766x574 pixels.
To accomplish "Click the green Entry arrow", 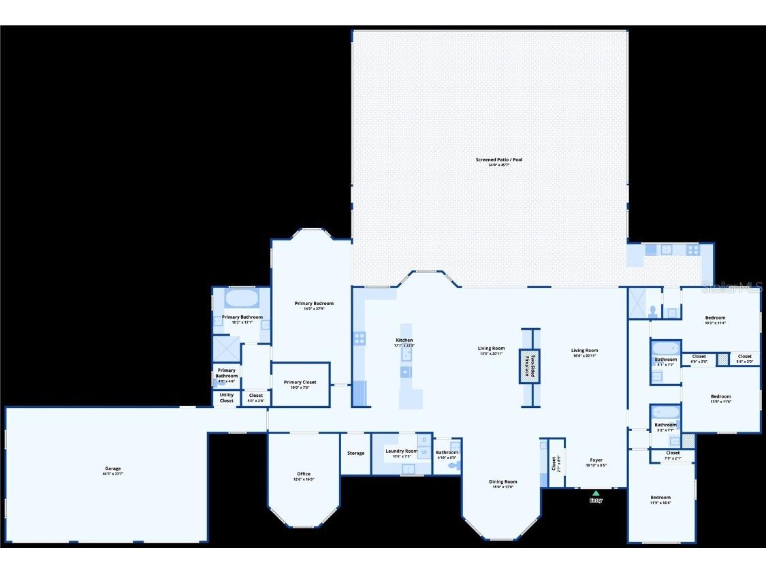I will click(596, 493).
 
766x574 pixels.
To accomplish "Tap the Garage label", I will click(113, 468).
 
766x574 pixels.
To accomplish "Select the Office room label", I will click(304, 474).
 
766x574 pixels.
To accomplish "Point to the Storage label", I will click(355, 453).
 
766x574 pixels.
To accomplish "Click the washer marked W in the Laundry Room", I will click(424, 452).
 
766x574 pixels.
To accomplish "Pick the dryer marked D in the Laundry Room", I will click(424, 439).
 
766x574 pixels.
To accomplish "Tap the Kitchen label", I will click(404, 340).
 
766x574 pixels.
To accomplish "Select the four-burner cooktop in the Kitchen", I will click(360, 337).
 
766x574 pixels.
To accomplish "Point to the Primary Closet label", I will click(300, 383).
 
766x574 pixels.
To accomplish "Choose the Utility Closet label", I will click(227, 398).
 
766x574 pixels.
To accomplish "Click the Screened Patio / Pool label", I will click(499, 160).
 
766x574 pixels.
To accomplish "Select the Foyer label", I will click(596, 460).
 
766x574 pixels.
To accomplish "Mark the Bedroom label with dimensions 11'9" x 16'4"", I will click(660, 498).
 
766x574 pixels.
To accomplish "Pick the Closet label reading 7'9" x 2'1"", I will click(673, 453).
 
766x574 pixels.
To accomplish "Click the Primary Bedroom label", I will click(314, 304).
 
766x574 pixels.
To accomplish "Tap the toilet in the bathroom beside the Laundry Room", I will click(455, 466).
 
